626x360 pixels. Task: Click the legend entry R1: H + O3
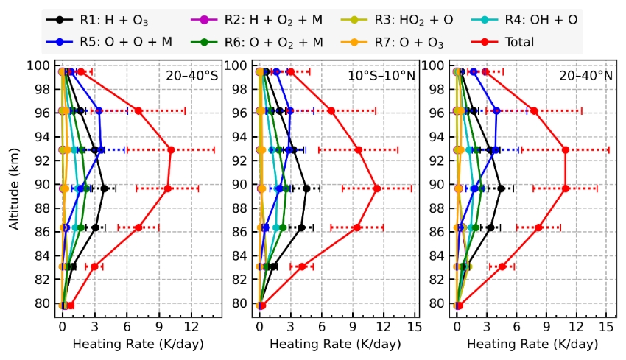[x=96, y=21]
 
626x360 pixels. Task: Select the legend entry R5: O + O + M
[x=103, y=43]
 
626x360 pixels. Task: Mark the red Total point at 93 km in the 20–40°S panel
[x=171, y=149]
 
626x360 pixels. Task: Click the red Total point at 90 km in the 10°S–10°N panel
[x=376, y=188]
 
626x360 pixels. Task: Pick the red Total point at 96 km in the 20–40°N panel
[x=534, y=110]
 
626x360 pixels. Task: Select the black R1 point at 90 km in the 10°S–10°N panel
[x=306, y=188]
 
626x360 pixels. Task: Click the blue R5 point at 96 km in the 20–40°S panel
[x=99, y=110]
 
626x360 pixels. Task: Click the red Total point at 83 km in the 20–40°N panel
[x=502, y=267]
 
